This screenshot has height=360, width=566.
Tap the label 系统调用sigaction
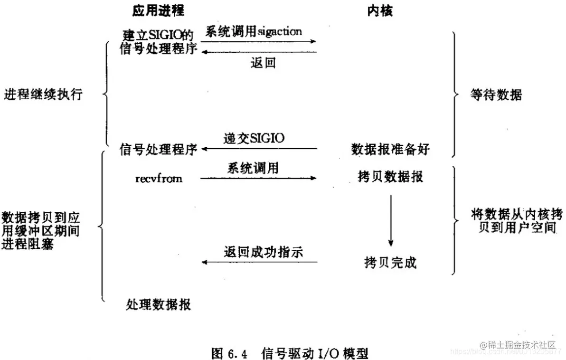(x=254, y=32)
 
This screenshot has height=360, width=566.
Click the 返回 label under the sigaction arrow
(x=263, y=63)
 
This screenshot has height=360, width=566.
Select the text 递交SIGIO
(x=254, y=139)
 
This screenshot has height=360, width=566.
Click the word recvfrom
(x=159, y=179)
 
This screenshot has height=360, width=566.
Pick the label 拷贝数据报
(x=390, y=177)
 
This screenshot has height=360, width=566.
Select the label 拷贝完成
(x=390, y=262)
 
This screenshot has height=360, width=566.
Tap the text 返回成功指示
(x=263, y=252)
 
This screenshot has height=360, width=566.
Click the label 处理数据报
(x=159, y=304)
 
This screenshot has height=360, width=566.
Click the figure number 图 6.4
(x=230, y=353)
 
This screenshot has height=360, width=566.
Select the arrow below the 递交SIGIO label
(x=259, y=149)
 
